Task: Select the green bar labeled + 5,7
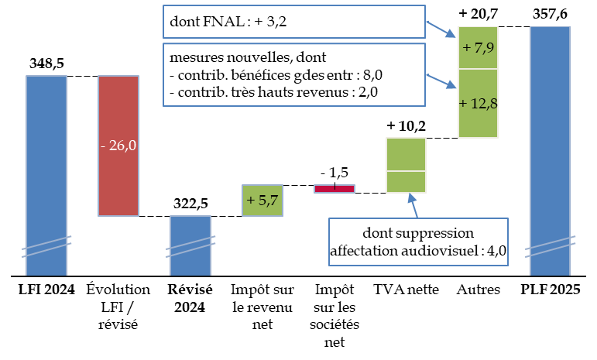(x=262, y=201)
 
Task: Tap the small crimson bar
(x=335, y=188)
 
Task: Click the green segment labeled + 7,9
(x=478, y=48)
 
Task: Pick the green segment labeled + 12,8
(x=478, y=104)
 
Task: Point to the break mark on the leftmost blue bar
(x=46, y=245)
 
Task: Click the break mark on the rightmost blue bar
(x=550, y=245)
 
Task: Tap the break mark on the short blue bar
(x=190, y=245)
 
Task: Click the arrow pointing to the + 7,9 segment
(x=441, y=29)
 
